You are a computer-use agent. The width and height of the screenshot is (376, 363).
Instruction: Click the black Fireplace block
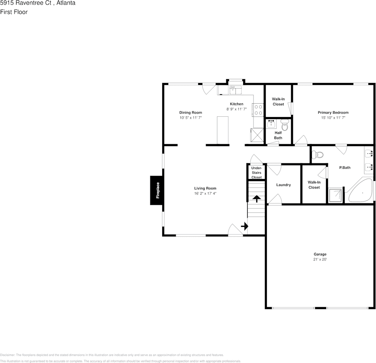click(x=157, y=190)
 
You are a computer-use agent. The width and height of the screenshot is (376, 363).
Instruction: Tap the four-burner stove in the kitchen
click(x=258, y=110)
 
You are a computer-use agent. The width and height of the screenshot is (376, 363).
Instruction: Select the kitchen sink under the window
click(x=235, y=91)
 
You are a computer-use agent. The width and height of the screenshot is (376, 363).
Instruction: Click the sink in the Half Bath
click(x=271, y=124)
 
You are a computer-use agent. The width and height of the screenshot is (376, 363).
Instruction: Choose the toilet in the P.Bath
click(x=317, y=155)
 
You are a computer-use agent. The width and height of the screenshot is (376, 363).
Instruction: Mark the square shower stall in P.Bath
click(x=336, y=195)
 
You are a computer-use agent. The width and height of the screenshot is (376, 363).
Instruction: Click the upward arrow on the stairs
click(x=257, y=198)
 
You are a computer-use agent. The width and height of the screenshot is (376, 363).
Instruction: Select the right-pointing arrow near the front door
click(x=244, y=226)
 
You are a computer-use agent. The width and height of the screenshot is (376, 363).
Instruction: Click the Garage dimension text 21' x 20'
click(x=320, y=259)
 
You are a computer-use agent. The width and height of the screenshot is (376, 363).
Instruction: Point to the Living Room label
click(x=205, y=188)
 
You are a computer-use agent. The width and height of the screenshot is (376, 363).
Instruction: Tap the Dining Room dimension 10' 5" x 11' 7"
click(x=190, y=118)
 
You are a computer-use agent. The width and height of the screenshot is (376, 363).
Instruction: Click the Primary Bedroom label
click(x=333, y=112)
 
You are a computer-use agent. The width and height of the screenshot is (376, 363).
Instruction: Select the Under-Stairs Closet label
click(x=257, y=173)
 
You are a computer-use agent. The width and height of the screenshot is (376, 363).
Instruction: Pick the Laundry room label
click(x=283, y=185)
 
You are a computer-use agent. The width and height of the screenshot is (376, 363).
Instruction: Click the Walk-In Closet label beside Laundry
click(x=314, y=185)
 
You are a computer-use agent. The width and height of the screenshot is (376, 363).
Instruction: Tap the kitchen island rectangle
click(x=223, y=130)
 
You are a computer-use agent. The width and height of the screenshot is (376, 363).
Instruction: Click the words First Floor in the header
click(x=14, y=12)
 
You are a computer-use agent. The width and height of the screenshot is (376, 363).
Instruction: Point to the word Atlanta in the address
click(x=66, y=3)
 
